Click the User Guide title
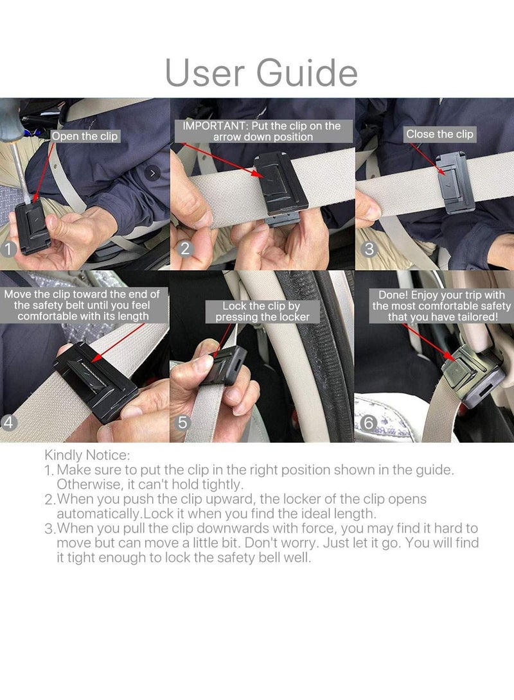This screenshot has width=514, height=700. pos(261,73)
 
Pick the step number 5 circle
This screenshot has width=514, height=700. pos(184,423)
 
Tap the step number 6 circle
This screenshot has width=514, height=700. pos(369,423)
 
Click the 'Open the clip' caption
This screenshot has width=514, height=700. pos(84,136)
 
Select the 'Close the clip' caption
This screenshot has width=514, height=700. pos(439,134)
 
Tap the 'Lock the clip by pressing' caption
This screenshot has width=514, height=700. pos(262,312)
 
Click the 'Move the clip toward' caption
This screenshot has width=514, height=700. pos(82,305)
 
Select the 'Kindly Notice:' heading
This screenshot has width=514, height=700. pos(87,456)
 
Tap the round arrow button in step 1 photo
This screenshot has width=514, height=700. pos(152,173)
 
